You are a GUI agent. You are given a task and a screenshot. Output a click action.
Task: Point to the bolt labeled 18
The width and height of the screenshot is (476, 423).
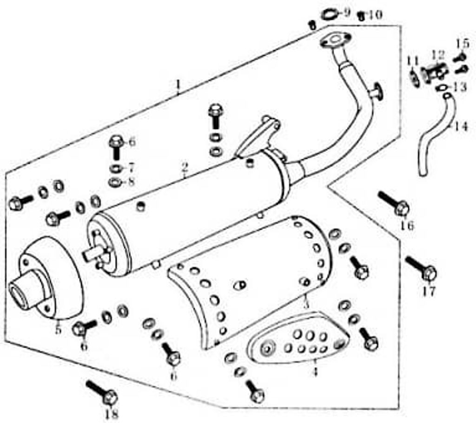pos(103,392)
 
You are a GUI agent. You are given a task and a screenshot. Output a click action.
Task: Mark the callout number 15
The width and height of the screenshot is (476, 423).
pos(462,44)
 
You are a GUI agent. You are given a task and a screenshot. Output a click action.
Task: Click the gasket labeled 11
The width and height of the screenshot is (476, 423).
pos(413,77)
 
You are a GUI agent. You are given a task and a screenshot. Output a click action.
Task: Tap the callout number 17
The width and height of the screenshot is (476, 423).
pos(429,292)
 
